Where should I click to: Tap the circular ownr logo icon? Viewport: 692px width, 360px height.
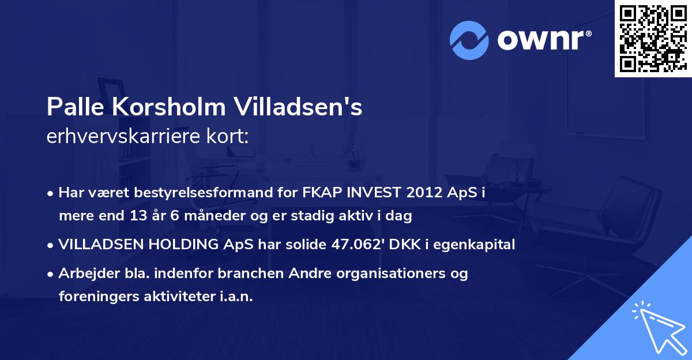coord(469,40)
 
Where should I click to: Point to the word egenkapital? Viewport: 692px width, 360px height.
coord(476,245)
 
